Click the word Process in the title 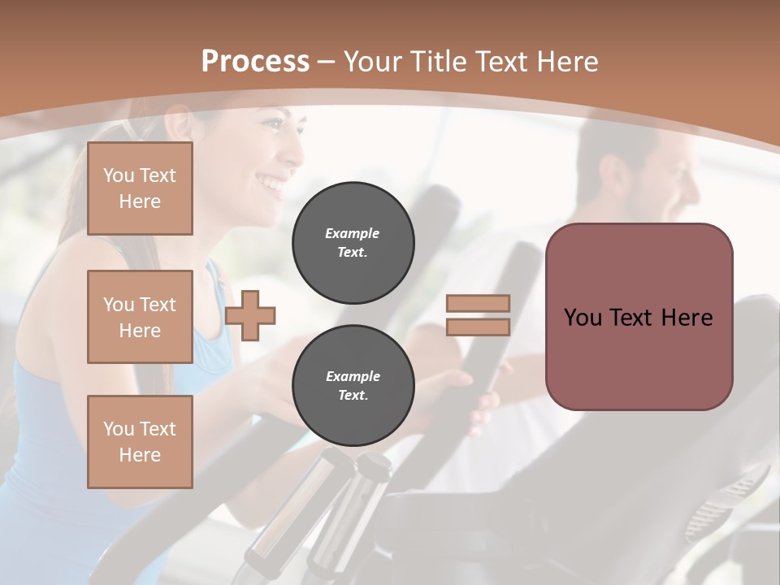(255, 62)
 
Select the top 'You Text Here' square (140, 188)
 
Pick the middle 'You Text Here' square (140, 317)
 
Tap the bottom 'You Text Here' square (140, 442)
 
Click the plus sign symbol (250, 315)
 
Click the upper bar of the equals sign (479, 303)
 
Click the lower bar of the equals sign (479, 327)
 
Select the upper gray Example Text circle (353, 242)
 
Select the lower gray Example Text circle (353, 385)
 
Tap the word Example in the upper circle (352, 233)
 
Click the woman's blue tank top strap (214, 284)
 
